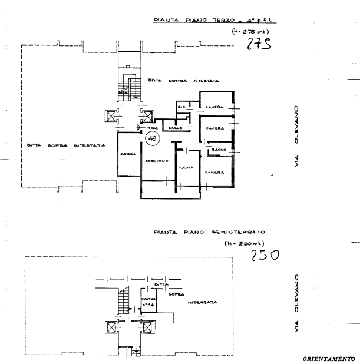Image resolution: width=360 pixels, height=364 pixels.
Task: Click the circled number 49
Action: pos(153,138)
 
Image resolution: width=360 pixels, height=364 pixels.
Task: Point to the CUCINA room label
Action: pos(186,167)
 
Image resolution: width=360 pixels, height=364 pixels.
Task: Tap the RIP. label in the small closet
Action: pos(182,107)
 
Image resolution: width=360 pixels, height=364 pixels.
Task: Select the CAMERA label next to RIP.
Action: pos(213,107)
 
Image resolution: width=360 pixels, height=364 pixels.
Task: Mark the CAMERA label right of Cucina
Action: pos(214,172)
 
